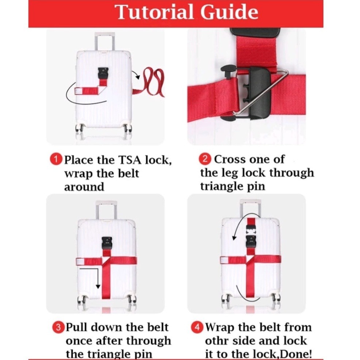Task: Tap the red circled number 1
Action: point(56,160)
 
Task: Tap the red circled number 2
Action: point(206,159)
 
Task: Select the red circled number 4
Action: point(198,327)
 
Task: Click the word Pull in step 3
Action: point(78,327)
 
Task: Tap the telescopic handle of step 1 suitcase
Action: point(104,42)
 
